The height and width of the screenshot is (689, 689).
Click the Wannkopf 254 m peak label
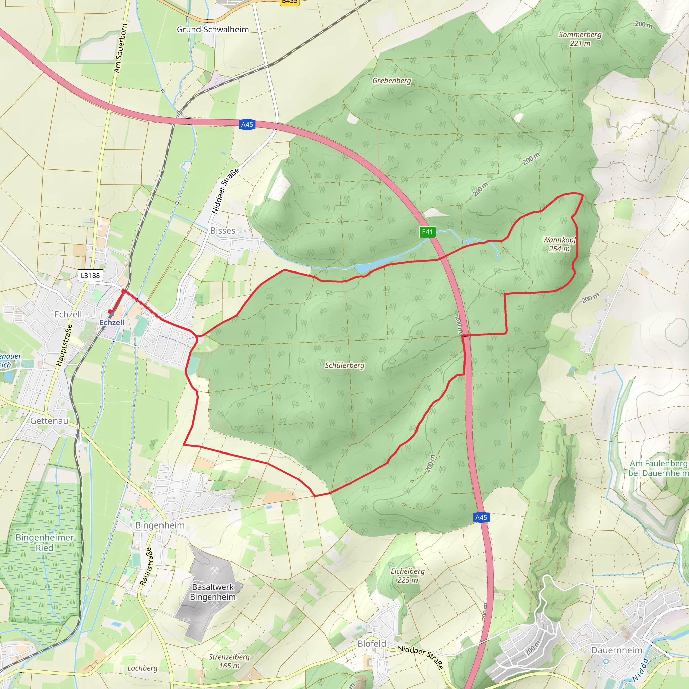(559, 244)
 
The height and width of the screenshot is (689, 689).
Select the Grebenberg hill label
(392, 81)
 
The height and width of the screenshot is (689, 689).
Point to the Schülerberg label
(344, 365)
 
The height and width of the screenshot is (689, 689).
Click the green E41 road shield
(427, 232)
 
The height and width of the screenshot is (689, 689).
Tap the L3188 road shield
(90, 275)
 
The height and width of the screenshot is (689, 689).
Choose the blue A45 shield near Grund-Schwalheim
(247, 124)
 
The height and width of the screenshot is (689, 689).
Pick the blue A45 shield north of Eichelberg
(481, 517)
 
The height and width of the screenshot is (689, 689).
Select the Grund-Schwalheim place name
(213, 30)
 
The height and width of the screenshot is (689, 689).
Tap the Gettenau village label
(49, 421)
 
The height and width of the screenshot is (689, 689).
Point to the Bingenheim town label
(160, 525)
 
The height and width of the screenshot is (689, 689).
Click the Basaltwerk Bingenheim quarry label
(213, 592)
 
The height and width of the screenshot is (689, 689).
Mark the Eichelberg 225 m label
(408, 576)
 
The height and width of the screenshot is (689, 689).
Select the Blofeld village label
(372, 643)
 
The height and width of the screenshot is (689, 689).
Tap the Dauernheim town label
(617, 650)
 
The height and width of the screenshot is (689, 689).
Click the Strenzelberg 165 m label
(229, 661)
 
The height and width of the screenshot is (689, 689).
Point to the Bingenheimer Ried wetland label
(44, 542)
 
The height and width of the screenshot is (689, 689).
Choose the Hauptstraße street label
(64, 345)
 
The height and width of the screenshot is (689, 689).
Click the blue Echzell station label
(112, 322)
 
